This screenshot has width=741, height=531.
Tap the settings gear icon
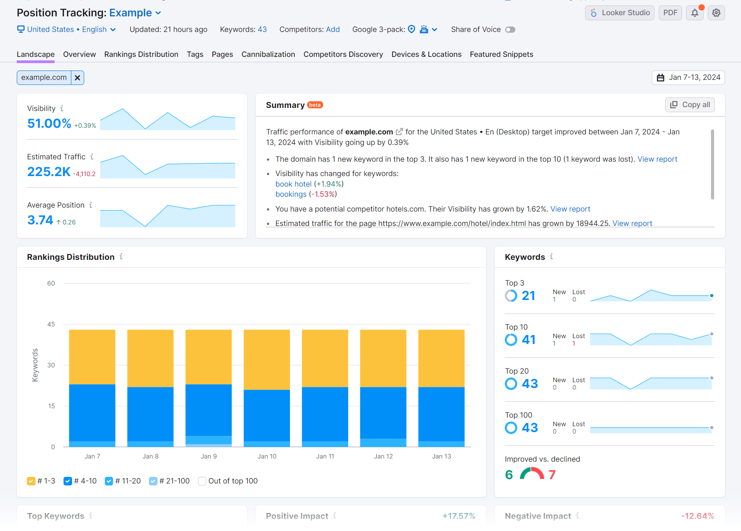(x=716, y=13)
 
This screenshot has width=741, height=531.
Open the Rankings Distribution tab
(x=141, y=54)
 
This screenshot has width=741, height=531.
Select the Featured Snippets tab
(x=501, y=54)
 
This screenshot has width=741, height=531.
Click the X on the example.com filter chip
(x=78, y=78)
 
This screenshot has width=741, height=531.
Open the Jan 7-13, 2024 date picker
(x=688, y=78)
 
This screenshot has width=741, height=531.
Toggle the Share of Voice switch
(x=510, y=30)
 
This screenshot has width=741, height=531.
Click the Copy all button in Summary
(x=690, y=105)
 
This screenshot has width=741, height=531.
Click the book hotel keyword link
(x=293, y=184)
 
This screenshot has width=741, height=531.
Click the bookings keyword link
(x=291, y=194)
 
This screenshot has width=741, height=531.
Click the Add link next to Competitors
(x=333, y=30)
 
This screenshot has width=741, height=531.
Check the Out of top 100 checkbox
(x=202, y=481)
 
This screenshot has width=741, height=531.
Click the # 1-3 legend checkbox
(x=31, y=481)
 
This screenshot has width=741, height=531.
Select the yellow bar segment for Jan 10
(x=267, y=359)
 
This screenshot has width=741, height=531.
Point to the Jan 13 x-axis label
(x=441, y=456)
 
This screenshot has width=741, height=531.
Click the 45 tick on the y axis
(x=51, y=324)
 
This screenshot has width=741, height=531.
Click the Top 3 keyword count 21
(x=528, y=296)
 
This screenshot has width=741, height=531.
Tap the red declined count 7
(x=552, y=475)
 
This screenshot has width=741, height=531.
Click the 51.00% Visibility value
(x=49, y=123)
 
